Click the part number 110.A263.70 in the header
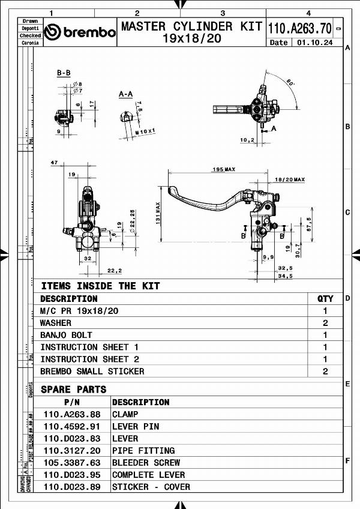(x=299, y=28)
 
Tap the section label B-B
(x=64, y=73)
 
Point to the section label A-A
(x=125, y=94)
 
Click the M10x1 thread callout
(x=145, y=130)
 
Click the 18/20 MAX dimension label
(x=290, y=179)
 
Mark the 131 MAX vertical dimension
(x=158, y=213)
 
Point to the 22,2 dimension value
(x=115, y=270)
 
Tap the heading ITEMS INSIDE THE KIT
(x=100, y=286)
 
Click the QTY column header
(x=325, y=298)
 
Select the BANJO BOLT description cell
(x=66, y=335)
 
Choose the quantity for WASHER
(x=325, y=323)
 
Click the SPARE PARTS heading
(x=73, y=389)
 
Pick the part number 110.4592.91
(x=71, y=426)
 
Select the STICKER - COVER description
(x=151, y=487)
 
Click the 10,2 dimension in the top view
(x=247, y=140)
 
